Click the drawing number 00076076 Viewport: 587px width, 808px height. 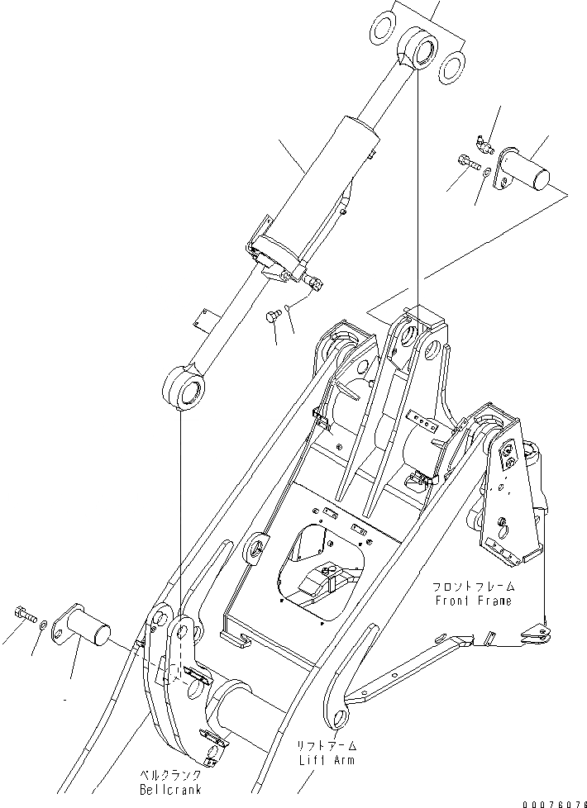tap(554, 801)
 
